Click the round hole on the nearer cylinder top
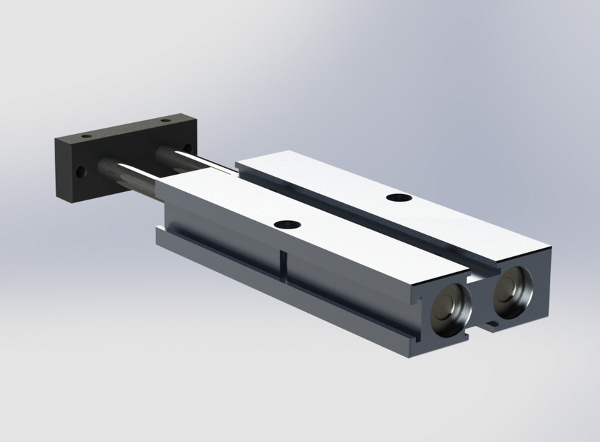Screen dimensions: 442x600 pos(287,224)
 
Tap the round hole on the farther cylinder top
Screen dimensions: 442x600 pos(398,198)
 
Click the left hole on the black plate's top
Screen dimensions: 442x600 pos(86,137)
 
